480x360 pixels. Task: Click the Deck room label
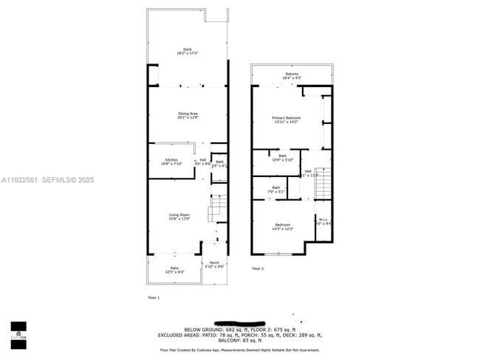187,49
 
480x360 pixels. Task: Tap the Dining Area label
187,113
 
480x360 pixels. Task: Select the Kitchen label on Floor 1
171,160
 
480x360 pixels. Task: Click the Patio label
175,268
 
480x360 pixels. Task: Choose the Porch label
214,263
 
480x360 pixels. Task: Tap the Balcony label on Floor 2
292,74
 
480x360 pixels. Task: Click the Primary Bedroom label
286,117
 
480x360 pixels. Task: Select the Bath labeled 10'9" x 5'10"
282,156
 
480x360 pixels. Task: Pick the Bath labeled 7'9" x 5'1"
275,187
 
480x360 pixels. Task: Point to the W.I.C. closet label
323,218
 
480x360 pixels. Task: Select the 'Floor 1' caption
154,297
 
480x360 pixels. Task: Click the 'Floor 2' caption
257,269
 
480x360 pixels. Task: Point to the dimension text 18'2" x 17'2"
187,54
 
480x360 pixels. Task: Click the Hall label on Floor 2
308,171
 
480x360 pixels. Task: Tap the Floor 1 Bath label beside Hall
219,162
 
